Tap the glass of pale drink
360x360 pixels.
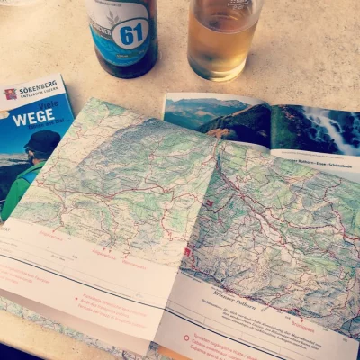pyautogui.click(x=223, y=40)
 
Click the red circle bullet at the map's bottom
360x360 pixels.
pyautogui.click(x=186, y=338)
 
